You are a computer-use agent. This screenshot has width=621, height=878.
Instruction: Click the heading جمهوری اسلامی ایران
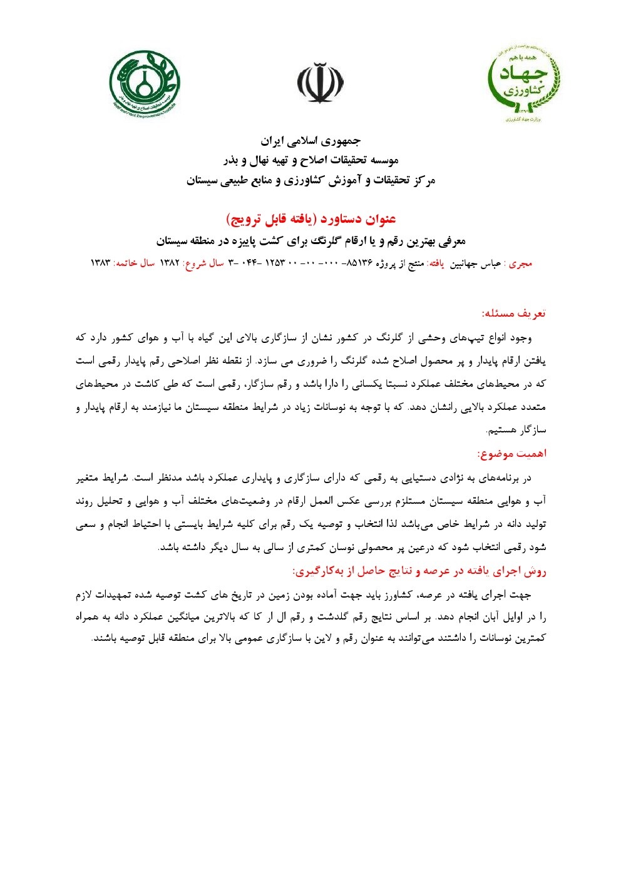310,140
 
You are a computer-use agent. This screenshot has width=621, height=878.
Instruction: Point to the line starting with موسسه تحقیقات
310,160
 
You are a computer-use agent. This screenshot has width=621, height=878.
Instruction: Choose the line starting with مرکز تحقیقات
310,181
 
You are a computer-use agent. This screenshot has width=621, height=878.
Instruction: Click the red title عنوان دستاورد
310,219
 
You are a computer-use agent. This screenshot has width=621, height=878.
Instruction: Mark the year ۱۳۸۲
170,264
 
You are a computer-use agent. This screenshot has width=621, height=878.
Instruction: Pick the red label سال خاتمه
133,264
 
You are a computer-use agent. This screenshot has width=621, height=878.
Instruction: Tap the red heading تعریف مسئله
513,313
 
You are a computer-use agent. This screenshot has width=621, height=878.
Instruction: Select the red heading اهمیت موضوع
511,453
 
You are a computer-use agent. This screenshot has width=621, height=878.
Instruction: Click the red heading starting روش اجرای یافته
419,571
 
